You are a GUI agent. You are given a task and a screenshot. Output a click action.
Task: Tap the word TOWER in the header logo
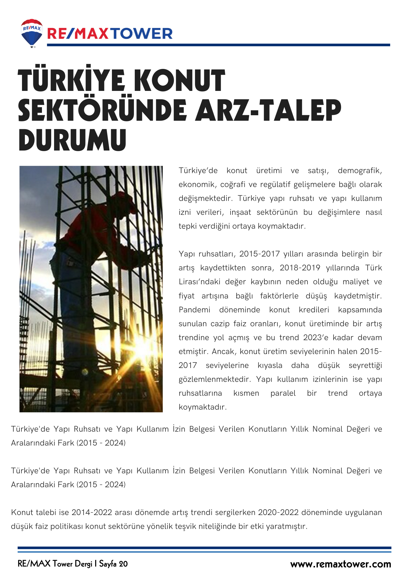142,34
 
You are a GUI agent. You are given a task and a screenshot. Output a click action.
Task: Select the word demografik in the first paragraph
360,171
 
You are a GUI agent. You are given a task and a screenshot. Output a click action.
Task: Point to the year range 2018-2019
300,268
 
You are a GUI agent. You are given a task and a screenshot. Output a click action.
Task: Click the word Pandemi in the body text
194,310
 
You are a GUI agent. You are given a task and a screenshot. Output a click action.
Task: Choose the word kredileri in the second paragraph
314,310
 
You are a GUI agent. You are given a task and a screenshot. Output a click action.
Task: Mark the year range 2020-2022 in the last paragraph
278,512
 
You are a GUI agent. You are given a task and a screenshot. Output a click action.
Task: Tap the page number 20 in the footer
123,564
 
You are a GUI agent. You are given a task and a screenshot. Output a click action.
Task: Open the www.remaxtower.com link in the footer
340,564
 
